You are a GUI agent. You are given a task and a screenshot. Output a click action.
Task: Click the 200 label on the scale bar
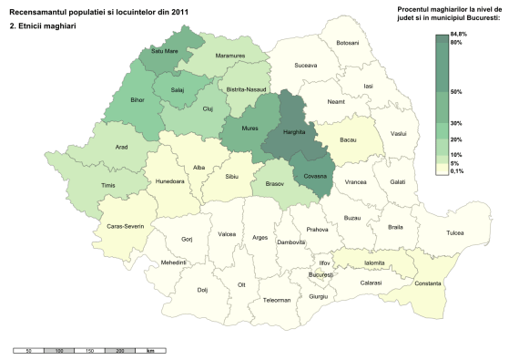pyautogui.click(x=121, y=350)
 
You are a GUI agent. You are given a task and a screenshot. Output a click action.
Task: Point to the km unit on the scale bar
pyautogui.click(x=149, y=350)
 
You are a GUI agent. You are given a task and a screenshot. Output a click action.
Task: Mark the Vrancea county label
pyautogui.click(x=355, y=182)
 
